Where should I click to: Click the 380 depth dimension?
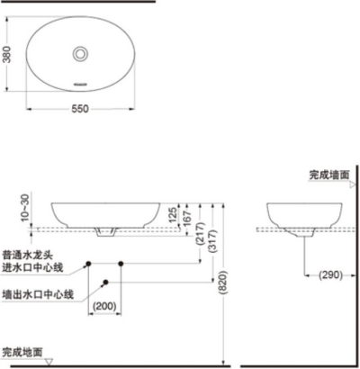[7, 55]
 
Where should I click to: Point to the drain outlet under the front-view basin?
[106, 233]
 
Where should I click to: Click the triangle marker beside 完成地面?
[50, 361]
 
